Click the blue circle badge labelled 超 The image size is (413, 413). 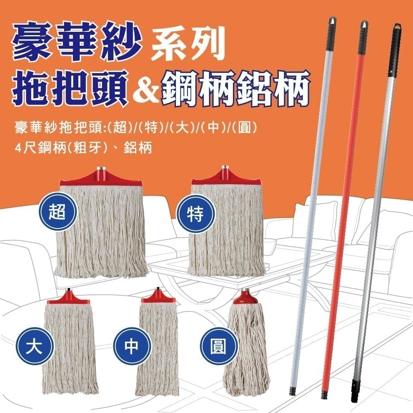(x=57, y=212)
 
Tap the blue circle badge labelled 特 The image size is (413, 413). (x=195, y=214)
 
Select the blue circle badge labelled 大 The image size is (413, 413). (x=34, y=346)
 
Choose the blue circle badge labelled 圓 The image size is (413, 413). (x=218, y=346)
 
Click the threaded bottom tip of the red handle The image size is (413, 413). (x=324, y=395)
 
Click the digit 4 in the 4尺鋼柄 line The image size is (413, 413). (x=18, y=148)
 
